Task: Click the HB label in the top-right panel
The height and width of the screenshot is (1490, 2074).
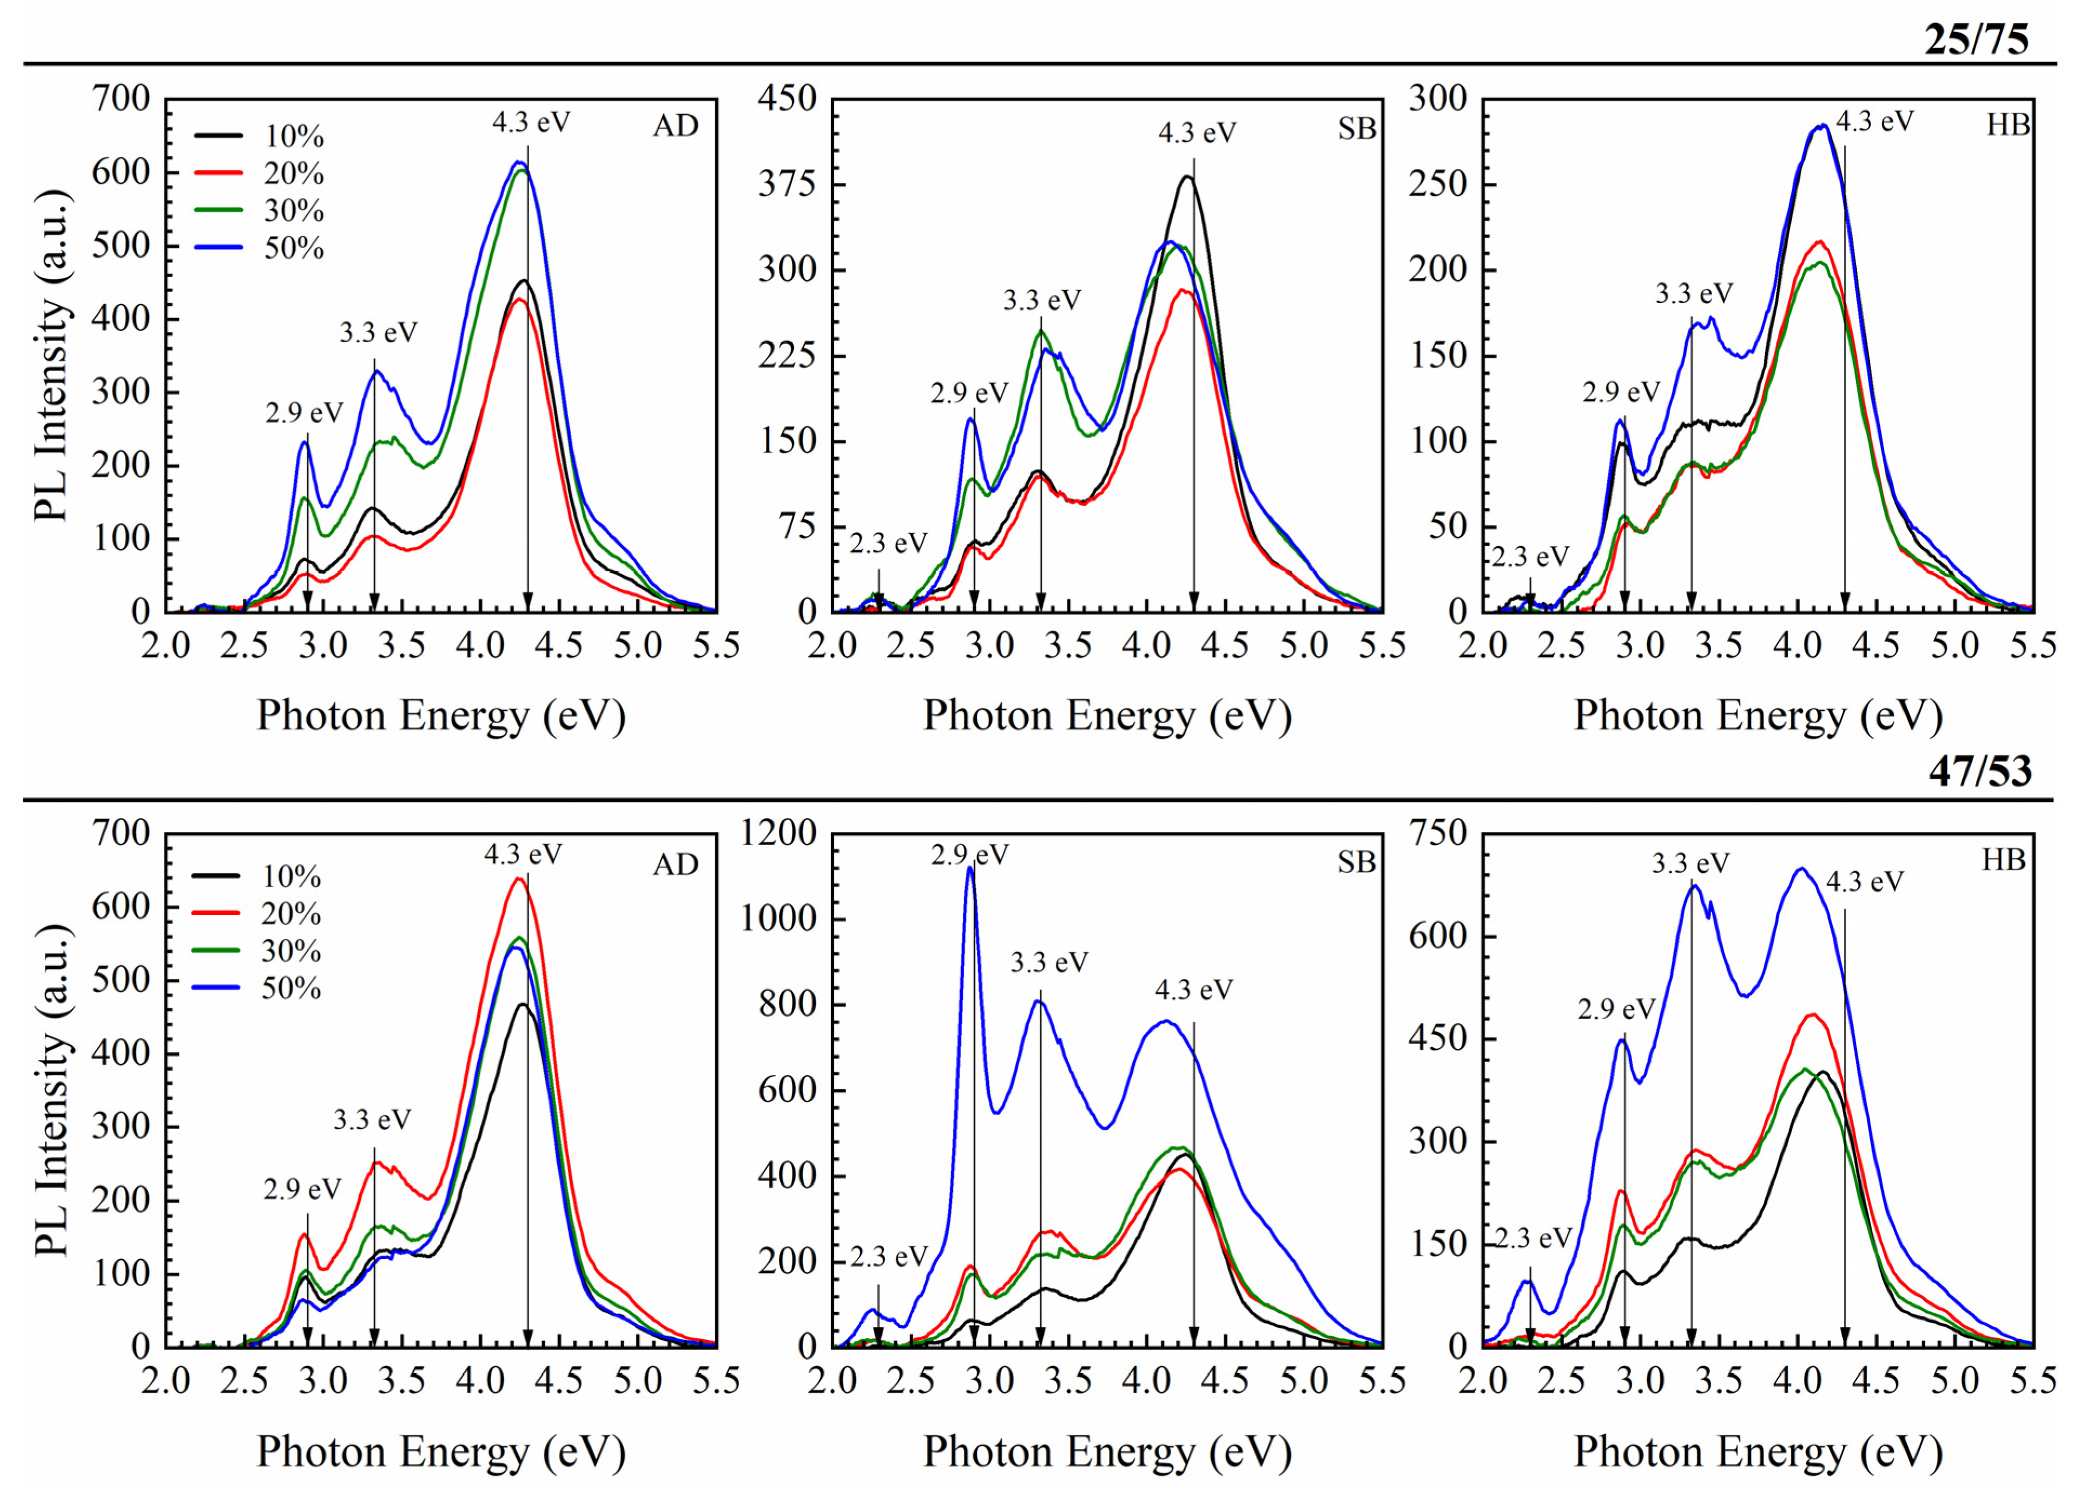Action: click(x=2007, y=126)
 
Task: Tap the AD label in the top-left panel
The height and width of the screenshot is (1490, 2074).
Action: click(x=675, y=126)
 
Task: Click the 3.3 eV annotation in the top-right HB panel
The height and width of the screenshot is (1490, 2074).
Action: click(x=1694, y=294)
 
